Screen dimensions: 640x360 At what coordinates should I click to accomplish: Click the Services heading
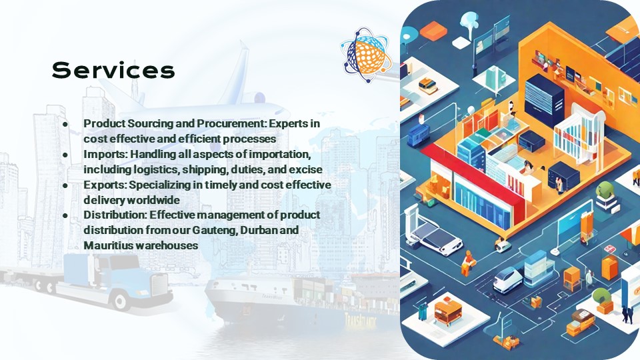click(113, 70)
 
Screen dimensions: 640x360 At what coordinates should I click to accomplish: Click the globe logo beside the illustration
click(366, 55)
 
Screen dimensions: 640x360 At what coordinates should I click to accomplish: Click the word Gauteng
click(214, 230)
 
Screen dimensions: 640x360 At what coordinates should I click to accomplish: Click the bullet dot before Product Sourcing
click(65, 124)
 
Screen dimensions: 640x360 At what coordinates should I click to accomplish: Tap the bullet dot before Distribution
click(65, 215)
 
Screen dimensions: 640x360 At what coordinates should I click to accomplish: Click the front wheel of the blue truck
click(121, 301)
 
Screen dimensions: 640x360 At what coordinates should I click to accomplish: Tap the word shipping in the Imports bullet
click(205, 169)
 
